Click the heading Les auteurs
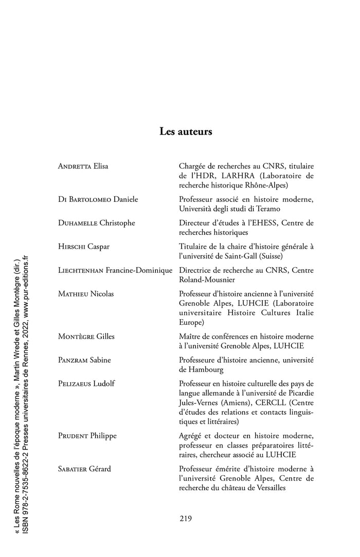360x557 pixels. click(186, 132)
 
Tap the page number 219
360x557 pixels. click(186, 518)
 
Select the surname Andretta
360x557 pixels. click(75, 166)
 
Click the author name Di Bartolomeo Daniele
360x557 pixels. click(98, 199)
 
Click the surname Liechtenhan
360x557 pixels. click(81, 270)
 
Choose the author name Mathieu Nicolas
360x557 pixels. click(86, 293)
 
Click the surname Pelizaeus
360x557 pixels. click(75, 383)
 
